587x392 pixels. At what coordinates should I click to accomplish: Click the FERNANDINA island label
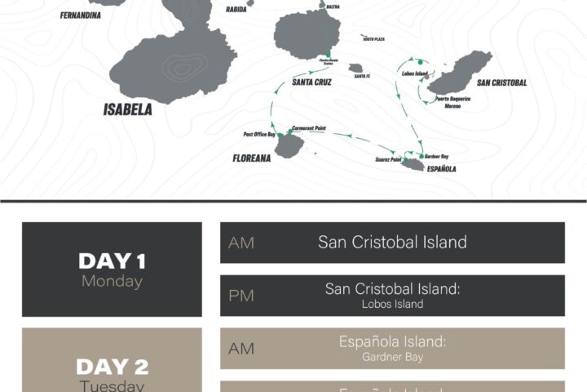pyautogui.click(x=81, y=15)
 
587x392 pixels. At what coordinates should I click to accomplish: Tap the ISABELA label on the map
pyautogui.click(x=128, y=109)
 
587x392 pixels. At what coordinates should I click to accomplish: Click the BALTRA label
pyautogui.click(x=333, y=7)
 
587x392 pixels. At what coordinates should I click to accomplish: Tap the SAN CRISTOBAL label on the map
pyautogui.click(x=501, y=82)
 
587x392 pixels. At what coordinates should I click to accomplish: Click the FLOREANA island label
pyautogui.click(x=251, y=158)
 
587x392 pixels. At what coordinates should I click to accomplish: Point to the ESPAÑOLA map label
pyautogui.click(x=441, y=169)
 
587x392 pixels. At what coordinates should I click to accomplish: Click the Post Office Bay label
pyautogui.click(x=259, y=134)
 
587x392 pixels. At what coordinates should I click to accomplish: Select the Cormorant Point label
pyautogui.click(x=313, y=128)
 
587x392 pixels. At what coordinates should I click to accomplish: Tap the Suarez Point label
pyautogui.click(x=388, y=159)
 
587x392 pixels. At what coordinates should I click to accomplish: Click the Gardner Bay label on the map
pyautogui.click(x=436, y=156)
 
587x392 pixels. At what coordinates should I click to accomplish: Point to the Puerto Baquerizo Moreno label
pyautogui.click(x=452, y=101)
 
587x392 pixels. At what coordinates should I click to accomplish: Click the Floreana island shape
pyautogui.click(x=289, y=146)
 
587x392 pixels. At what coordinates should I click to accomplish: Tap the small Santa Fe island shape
pyautogui.click(x=355, y=69)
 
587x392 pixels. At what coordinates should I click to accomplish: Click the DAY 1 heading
pyautogui.click(x=112, y=261)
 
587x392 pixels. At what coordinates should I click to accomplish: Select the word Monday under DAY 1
pyautogui.click(x=112, y=282)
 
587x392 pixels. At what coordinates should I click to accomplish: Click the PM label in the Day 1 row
pyautogui.click(x=241, y=296)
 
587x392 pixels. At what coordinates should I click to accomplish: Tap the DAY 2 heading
pyautogui.click(x=112, y=367)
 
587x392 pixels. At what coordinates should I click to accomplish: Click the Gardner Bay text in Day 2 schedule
pyautogui.click(x=392, y=357)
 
